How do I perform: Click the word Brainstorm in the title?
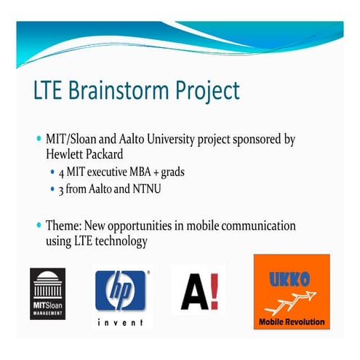[x=119, y=90]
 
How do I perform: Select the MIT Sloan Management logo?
[x=48, y=294]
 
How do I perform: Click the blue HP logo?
[x=120, y=290]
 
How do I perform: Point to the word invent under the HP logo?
[x=120, y=322]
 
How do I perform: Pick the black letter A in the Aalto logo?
[x=194, y=292]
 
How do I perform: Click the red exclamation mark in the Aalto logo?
[x=215, y=292]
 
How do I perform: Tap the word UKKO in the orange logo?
[x=289, y=279]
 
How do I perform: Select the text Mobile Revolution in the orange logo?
[x=292, y=321]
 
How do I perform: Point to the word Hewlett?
[x=65, y=154]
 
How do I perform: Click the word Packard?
[x=105, y=154]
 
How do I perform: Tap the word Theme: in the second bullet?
[x=63, y=225]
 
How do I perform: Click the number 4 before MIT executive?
[x=61, y=173]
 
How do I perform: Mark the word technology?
[x=121, y=241]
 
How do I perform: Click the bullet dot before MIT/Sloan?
[x=39, y=139]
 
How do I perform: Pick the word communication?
[x=258, y=225]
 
